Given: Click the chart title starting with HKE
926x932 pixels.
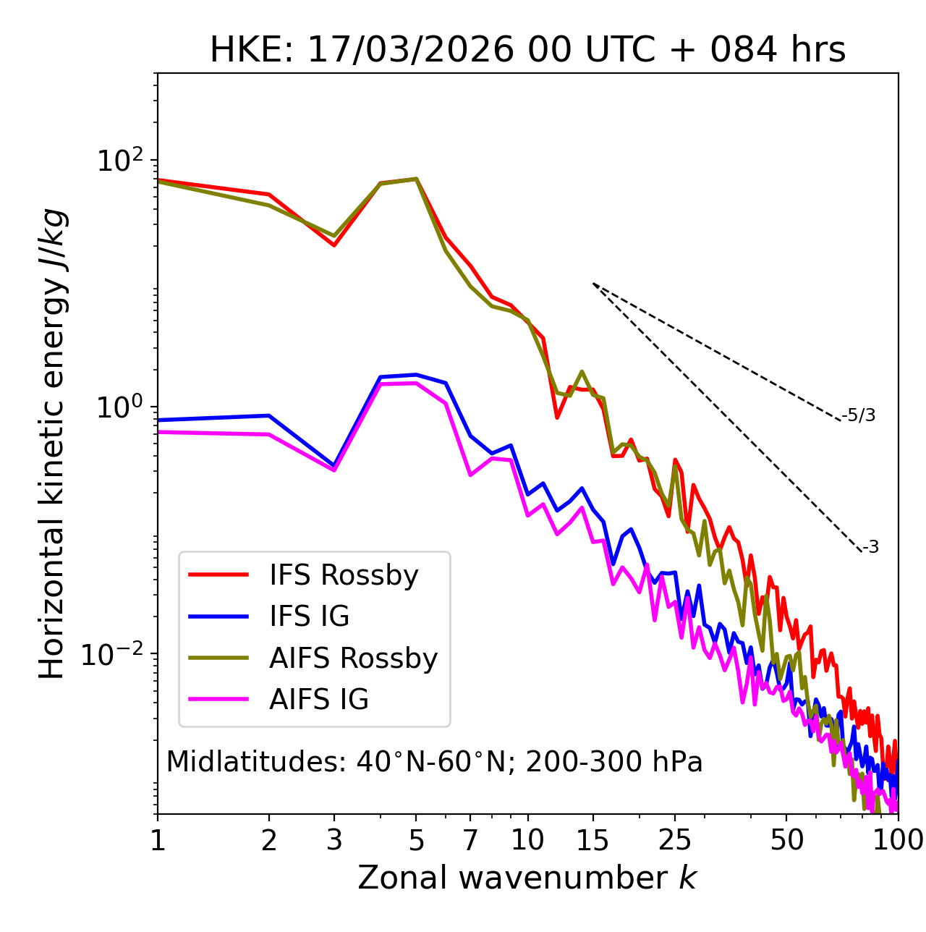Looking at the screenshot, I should [x=527, y=51].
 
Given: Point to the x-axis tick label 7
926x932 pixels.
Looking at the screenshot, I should [x=470, y=840].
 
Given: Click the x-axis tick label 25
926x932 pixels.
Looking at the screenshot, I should [x=675, y=840].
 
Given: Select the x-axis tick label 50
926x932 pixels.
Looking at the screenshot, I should [x=786, y=840].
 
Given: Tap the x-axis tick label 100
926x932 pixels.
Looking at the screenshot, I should [x=897, y=840].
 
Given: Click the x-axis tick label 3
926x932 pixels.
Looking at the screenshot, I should [x=334, y=840].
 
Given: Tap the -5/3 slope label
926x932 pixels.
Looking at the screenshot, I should [x=859, y=415].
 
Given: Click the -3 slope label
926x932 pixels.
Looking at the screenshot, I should [x=870, y=548].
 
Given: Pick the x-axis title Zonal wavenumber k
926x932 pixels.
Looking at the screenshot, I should [x=527, y=878].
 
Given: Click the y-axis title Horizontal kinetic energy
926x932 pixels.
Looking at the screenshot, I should [x=52, y=444].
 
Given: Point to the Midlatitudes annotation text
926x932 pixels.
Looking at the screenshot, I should [x=434, y=762].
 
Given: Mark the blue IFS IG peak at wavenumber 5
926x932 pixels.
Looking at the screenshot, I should [x=416, y=375].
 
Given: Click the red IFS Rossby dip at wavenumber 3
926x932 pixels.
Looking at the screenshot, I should [x=334, y=245].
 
